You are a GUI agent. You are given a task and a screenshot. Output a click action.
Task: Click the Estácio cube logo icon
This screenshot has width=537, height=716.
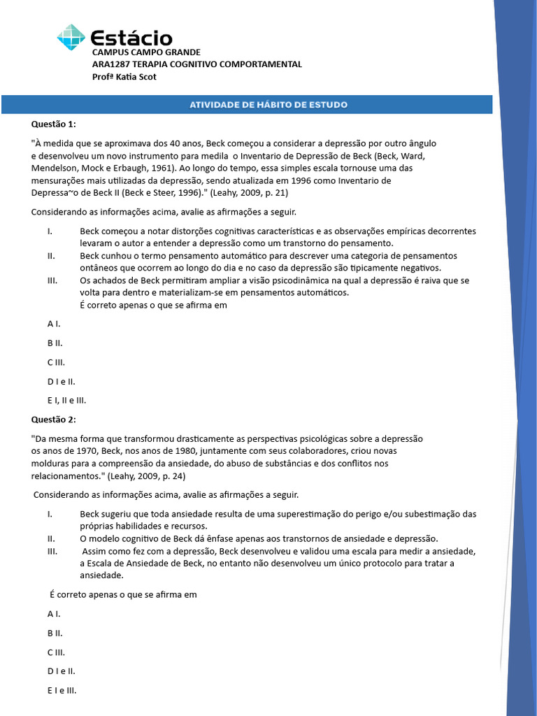click(x=71, y=37)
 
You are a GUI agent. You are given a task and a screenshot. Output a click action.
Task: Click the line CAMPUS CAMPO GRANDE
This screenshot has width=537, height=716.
click(x=146, y=52)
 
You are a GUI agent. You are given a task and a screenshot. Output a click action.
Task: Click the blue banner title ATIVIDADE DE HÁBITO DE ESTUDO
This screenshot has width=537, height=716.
click(x=268, y=105)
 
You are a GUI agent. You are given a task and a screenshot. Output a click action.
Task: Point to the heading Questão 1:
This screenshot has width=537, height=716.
click(x=53, y=124)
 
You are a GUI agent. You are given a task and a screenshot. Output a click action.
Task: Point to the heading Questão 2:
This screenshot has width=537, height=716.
click(x=53, y=419)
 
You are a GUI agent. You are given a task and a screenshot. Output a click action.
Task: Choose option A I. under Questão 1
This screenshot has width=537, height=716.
click(x=54, y=324)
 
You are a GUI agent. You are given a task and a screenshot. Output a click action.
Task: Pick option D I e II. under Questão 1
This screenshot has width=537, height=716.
click(x=61, y=382)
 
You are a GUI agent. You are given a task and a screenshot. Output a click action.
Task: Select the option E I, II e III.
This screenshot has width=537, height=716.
click(x=66, y=401)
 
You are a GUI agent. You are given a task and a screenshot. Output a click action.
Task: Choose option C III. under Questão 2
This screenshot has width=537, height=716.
click(x=56, y=652)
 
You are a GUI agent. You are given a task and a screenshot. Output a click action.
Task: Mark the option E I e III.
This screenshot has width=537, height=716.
click(x=62, y=690)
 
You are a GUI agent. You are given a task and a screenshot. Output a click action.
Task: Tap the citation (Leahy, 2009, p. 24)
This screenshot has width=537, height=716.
click(x=146, y=475)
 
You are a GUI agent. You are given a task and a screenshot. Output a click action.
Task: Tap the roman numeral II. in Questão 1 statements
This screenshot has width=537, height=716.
click(x=52, y=256)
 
